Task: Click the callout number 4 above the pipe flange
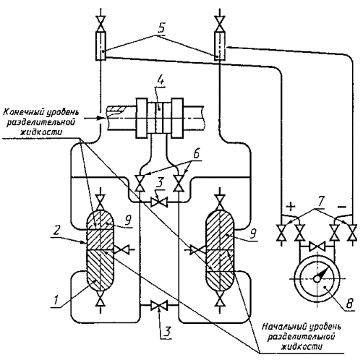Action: (159, 77)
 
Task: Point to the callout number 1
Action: (56, 300)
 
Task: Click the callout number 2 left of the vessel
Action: (56, 231)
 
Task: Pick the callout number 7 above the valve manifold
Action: (321, 202)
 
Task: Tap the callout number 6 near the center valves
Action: (197, 153)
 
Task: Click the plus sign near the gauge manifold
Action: (291, 206)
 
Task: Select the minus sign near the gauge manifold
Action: (342, 207)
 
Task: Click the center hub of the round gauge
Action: (317, 279)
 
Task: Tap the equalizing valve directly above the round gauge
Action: (317, 247)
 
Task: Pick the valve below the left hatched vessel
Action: (100, 299)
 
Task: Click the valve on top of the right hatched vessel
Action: (219, 202)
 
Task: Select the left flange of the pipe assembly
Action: (142, 118)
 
